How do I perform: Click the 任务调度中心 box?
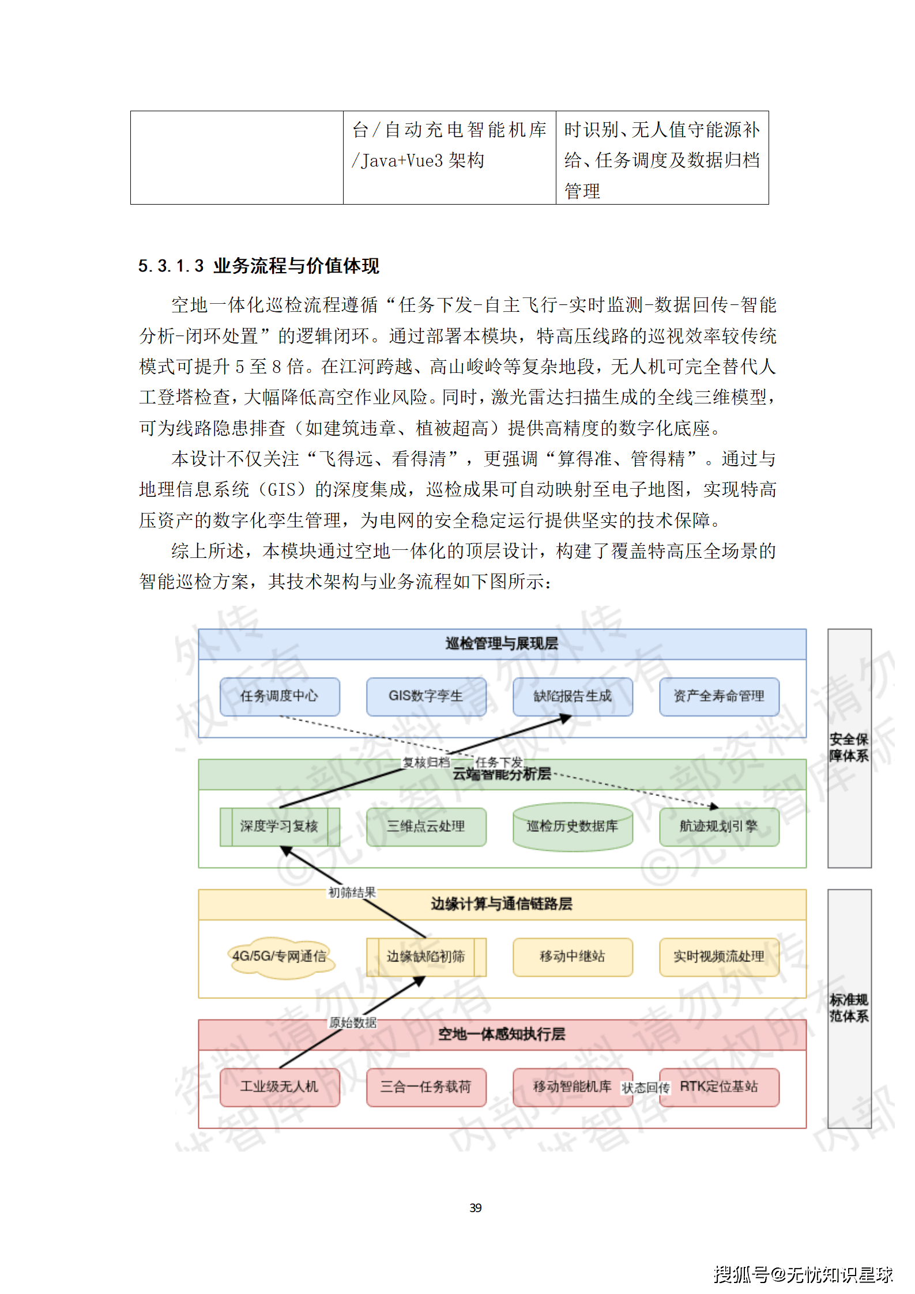coord(280,696)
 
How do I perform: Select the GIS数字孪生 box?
coord(426,696)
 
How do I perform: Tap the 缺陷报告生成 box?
coord(573,696)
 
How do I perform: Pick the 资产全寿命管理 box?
coord(719,696)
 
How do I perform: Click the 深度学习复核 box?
coord(280,827)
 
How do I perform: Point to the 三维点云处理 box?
coord(426,827)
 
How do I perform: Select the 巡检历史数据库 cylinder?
coord(573,827)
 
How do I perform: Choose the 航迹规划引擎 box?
coord(719,827)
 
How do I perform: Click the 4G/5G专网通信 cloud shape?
coord(280,957)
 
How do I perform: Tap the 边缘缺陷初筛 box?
coord(426,957)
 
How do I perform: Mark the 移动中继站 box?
coord(573,957)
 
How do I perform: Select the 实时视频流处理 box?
coord(719,957)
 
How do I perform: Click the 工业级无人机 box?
coord(280,1087)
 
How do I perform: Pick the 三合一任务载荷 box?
coord(426,1087)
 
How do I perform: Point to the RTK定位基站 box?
coord(719,1087)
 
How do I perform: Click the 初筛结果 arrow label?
coord(352,893)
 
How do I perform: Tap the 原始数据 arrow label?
coord(352,1023)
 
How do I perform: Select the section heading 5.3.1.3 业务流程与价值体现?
coord(258,266)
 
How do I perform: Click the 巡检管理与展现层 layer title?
coord(502,644)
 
